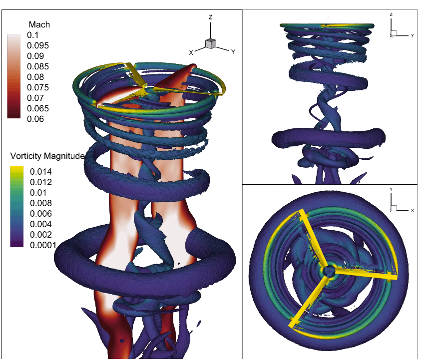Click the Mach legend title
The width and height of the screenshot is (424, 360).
[x=39, y=24]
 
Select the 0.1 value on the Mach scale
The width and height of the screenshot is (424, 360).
[x=33, y=35]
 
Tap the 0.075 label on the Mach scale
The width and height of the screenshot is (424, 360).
[x=38, y=87]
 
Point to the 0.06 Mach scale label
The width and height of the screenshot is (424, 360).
[x=35, y=119]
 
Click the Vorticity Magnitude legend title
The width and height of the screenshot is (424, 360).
[x=47, y=156]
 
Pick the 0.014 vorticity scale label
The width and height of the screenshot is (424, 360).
[x=41, y=172]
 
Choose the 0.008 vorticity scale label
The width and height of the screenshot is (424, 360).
[x=41, y=203]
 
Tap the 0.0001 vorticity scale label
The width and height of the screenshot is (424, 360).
[x=43, y=245]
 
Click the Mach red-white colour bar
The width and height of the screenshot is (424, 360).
[x=14, y=76]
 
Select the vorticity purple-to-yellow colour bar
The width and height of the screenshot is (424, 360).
[x=17, y=207]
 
